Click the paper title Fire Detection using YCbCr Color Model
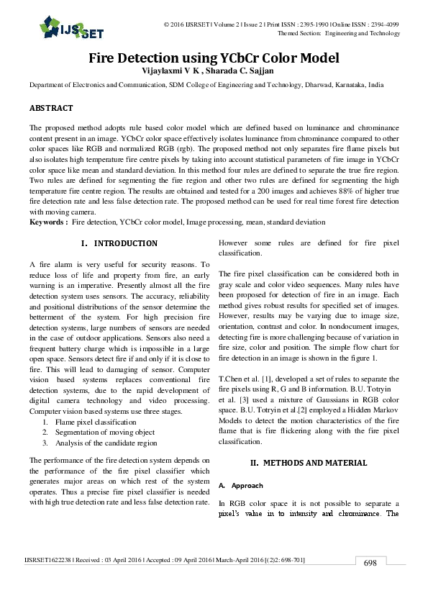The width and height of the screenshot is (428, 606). [214, 58]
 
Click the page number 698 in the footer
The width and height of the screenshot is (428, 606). [370, 563]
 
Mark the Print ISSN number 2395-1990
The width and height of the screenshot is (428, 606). [307, 24]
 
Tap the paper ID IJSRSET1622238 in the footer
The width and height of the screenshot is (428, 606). [47, 558]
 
